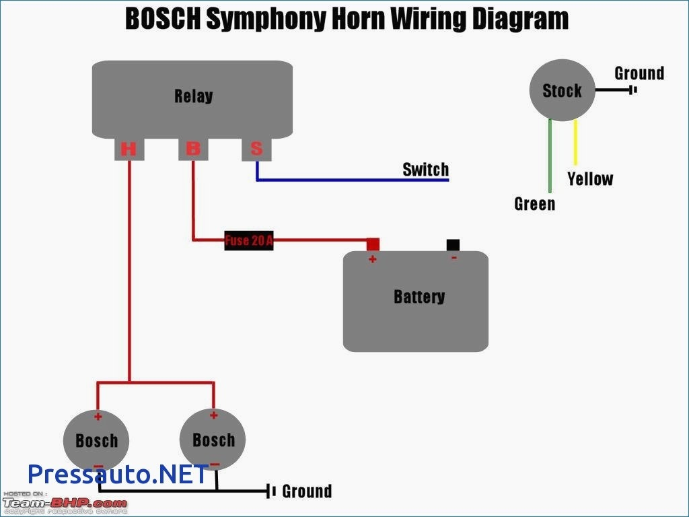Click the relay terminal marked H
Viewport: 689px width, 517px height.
tap(129, 149)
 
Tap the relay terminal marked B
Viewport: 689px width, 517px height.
tap(192, 149)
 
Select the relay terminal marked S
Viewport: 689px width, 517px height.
tap(256, 149)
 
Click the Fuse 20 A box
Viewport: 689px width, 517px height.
tap(249, 240)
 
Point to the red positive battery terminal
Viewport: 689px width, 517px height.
tap(373, 244)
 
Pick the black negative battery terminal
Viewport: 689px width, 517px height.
tap(454, 244)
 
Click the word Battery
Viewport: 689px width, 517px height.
tap(419, 296)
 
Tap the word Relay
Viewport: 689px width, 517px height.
tap(193, 96)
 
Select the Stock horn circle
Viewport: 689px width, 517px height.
tap(562, 91)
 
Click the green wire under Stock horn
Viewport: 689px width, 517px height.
tap(550, 155)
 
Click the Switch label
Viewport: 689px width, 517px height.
tap(425, 169)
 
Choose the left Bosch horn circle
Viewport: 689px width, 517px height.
tap(96, 441)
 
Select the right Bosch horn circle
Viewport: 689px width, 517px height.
tap(213, 440)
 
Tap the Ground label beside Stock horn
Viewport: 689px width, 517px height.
tap(639, 73)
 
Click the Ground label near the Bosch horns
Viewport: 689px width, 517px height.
tap(307, 491)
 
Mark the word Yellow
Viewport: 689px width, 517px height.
tap(590, 179)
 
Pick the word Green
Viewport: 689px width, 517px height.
tap(535, 204)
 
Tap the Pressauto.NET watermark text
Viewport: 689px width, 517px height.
tap(118, 474)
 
